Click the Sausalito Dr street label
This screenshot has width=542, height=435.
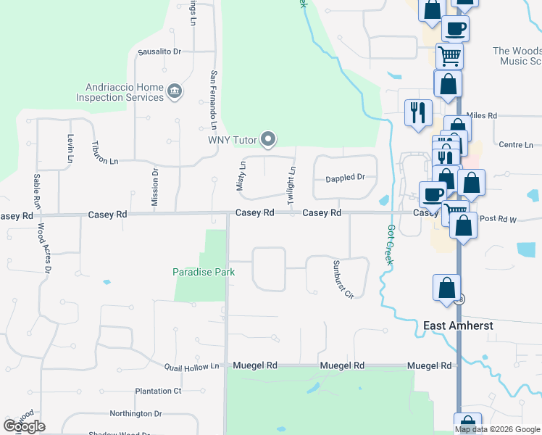pyautogui.click(x=159, y=51)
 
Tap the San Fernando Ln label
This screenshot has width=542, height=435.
pyautogui.click(x=214, y=95)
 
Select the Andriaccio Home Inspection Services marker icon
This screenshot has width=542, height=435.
pyautogui.click(x=175, y=91)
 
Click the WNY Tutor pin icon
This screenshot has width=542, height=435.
pyautogui.click(x=268, y=139)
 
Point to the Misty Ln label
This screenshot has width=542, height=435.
pyautogui.click(x=241, y=176)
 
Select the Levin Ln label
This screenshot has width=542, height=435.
pyautogui.click(x=71, y=148)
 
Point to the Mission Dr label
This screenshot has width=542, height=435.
pyautogui.click(x=154, y=187)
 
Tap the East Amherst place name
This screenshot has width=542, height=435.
pyautogui.click(x=458, y=326)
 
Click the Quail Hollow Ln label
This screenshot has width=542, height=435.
pyautogui.click(x=191, y=367)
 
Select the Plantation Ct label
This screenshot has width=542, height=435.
pyautogui.click(x=158, y=391)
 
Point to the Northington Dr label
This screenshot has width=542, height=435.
pyautogui.click(x=135, y=413)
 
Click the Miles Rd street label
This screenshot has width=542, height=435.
pyautogui.click(x=482, y=115)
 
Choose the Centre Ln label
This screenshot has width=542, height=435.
pyautogui.click(x=517, y=145)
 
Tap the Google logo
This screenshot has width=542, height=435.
pyautogui.click(x=25, y=426)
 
